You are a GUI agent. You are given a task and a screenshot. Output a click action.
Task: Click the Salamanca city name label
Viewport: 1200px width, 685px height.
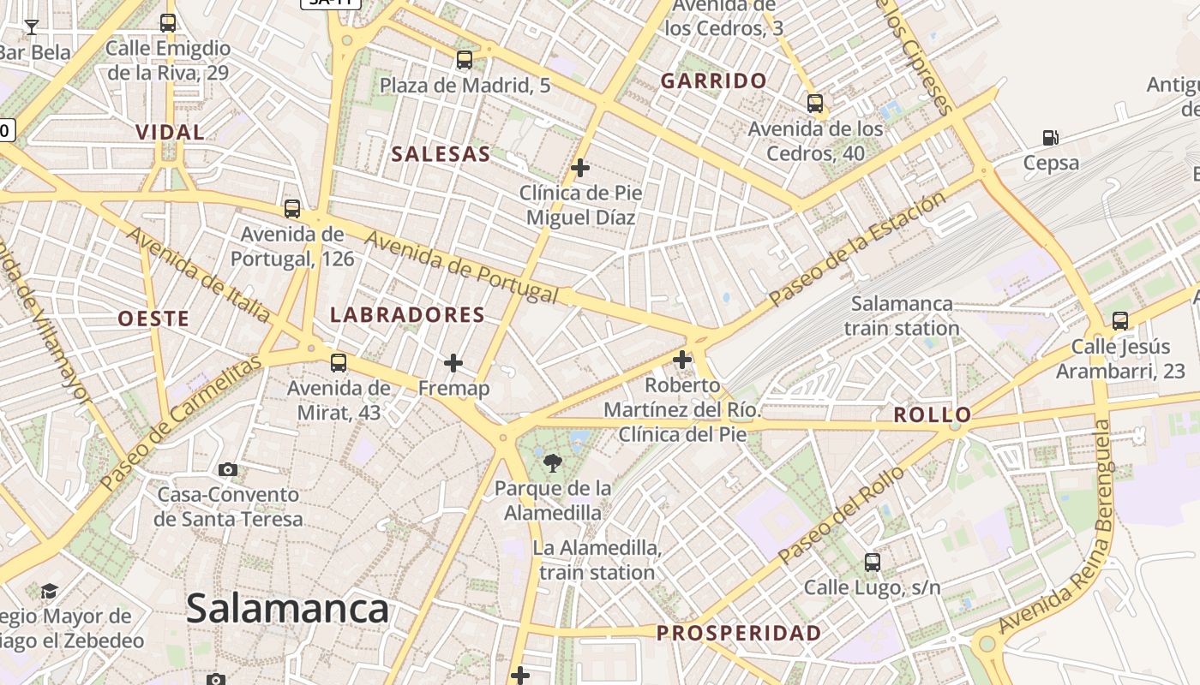click(287, 610)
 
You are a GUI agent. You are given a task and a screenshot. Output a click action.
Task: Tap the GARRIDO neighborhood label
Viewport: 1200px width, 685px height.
click(714, 81)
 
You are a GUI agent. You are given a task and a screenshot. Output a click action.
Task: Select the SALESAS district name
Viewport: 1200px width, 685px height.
click(441, 155)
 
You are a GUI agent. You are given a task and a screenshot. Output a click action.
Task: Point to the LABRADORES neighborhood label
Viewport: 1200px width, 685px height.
click(408, 315)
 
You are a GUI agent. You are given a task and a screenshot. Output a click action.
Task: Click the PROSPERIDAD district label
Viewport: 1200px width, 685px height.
click(739, 634)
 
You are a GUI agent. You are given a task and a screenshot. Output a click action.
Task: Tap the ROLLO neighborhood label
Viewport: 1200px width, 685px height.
click(933, 415)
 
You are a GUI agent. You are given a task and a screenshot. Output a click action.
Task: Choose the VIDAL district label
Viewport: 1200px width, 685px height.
click(171, 133)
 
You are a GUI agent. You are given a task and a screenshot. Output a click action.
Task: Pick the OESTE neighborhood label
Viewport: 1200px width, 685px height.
click(153, 319)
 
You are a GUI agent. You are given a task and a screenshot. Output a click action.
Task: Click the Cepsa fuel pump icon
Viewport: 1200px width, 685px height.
click(1050, 137)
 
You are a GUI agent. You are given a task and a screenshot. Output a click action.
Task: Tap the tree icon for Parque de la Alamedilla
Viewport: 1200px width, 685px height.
click(554, 464)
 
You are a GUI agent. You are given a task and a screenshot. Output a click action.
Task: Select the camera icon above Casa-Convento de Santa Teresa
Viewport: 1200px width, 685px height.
click(227, 469)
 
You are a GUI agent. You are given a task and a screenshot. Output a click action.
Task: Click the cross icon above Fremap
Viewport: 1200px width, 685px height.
click(453, 364)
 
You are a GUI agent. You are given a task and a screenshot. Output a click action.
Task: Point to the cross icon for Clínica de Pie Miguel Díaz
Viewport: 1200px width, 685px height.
click(580, 168)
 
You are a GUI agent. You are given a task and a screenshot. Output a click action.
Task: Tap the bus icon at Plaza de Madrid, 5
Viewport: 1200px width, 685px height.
click(465, 60)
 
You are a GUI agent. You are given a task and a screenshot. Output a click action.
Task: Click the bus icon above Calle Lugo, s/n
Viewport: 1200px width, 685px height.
click(872, 563)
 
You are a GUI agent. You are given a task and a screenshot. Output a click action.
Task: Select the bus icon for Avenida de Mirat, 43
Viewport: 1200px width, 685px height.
click(339, 363)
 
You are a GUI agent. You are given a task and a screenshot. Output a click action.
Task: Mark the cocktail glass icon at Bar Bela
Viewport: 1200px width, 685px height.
click(32, 27)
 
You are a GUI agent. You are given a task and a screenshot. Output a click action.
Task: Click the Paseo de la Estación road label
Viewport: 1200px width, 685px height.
click(857, 248)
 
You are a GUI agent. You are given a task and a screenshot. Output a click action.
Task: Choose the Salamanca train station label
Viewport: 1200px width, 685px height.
click(901, 316)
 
